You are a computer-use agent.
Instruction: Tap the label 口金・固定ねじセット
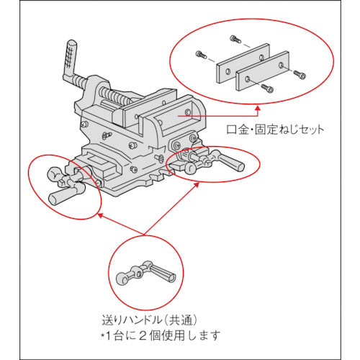[276, 130]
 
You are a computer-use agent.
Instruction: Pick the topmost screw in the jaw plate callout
[233, 37]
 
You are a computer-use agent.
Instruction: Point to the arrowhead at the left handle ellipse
[100, 214]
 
